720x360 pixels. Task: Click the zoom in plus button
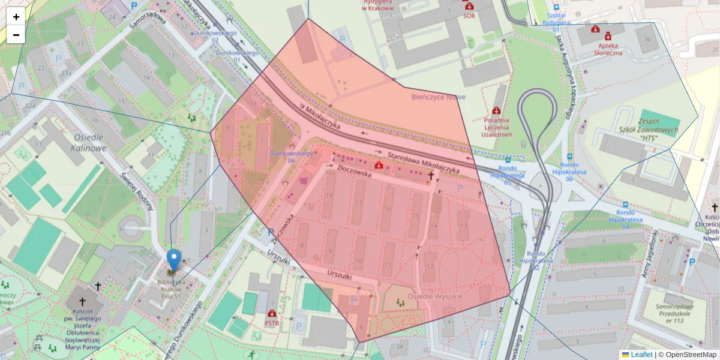[16, 17]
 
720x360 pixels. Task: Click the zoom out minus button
[16, 35]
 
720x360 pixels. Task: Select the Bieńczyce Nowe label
[438, 97]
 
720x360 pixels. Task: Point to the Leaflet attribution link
[641, 355]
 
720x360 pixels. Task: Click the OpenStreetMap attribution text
[690, 355]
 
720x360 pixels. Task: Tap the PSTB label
[272, 322]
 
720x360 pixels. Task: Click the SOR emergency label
[469, 16]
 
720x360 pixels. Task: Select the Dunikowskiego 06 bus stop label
[292, 157]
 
